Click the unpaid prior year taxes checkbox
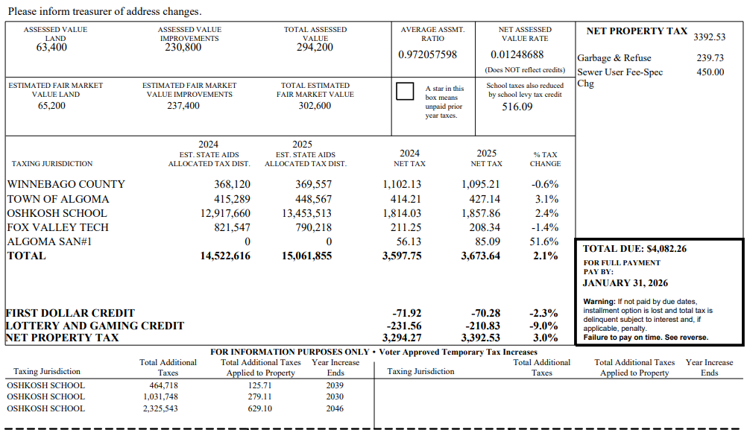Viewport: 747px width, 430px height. (405, 92)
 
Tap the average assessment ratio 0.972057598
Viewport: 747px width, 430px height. (427, 55)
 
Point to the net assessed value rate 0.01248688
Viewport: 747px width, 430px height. (517, 55)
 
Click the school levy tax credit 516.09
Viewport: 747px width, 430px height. (517, 107)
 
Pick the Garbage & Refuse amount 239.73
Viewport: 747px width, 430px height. (710, 58)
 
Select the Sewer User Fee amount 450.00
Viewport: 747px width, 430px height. (710, 72)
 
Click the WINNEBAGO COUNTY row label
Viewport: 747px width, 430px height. (66, 184)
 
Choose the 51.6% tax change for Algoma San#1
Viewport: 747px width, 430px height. (543, 241)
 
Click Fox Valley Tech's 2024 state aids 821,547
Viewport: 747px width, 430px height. (232, 227)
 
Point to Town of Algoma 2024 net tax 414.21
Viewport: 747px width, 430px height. (406, 199)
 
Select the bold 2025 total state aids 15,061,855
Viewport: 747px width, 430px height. (307, 256)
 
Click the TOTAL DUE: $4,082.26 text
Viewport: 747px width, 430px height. (634, 249)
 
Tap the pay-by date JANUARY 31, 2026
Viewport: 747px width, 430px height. (625, 283)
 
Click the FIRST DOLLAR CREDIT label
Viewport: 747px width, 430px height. (70, 313)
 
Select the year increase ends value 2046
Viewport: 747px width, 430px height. (335, 408)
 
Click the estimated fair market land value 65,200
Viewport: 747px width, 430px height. (51, 106)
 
